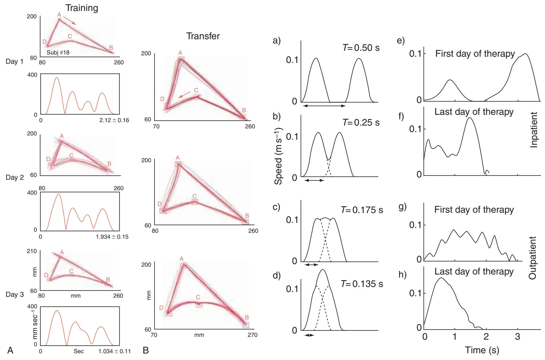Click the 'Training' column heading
[x=82, y=8]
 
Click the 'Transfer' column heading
[x=203, y=36]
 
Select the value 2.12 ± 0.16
[x=114, y=120]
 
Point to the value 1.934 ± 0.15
[x=112, y=236]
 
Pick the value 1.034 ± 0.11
[x=114, y=352]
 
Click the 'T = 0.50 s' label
[x=361, y=48]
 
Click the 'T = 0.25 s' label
[x=361, y=122]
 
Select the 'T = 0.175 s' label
[x=362, y=210]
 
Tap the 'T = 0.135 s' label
[x=362, y=284]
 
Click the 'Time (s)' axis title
[x=482, y=350]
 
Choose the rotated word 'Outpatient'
[x=533, y=258]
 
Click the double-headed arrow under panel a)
[x=323, y=106]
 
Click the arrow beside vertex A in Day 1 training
[x=69, y=21]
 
